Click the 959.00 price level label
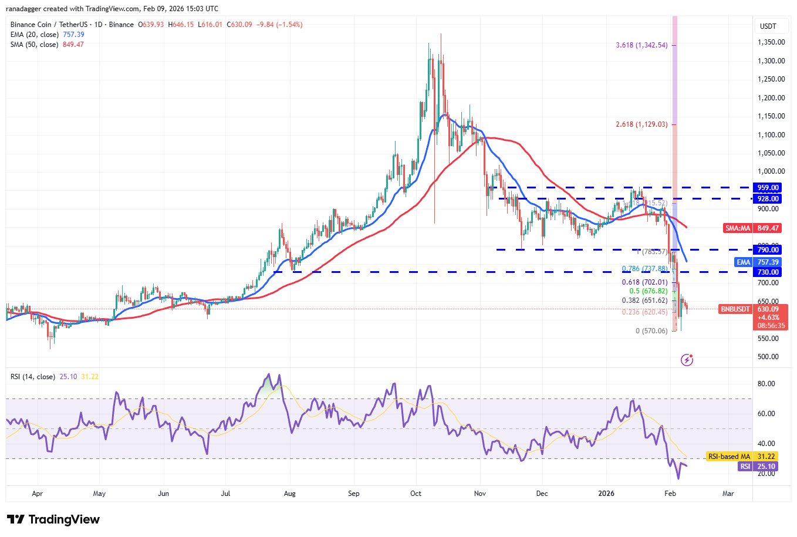[x=768, y=188]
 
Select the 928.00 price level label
[x=768, y=199]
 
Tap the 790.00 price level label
[x=768, y=250]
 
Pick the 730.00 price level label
[x=768, y=272]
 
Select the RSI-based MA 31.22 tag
[x=742, y=456]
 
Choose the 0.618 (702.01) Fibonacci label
[x=644, y=282]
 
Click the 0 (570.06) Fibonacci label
[x=651, y=331]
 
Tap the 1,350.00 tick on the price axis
[x=771, y=42]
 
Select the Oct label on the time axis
[x=416, y=494]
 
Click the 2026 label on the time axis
[x=606, y=494]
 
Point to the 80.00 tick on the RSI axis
[x=766, y=384]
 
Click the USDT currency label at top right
[x=768, y=26]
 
